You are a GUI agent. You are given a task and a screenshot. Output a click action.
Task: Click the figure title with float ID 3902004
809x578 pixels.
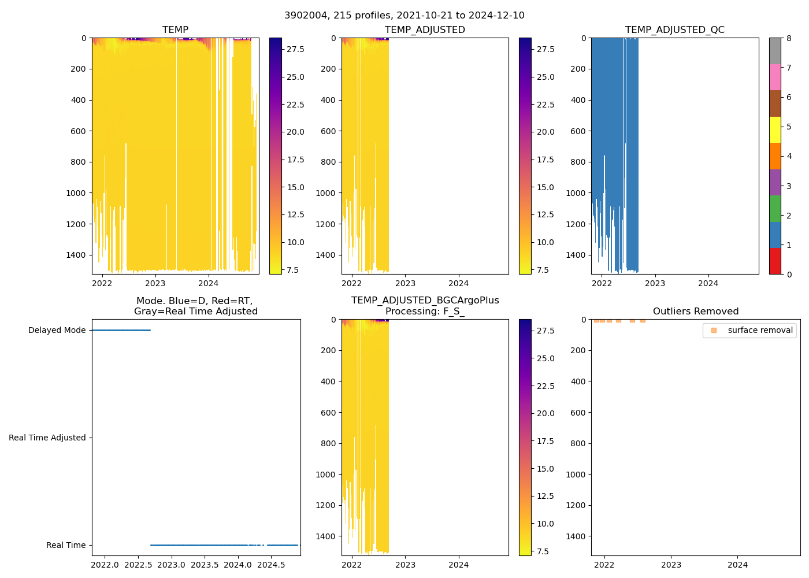(404, 16)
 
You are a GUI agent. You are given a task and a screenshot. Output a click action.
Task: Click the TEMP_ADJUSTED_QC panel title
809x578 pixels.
(674, 30)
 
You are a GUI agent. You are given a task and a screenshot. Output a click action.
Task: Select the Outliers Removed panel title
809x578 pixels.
(695, 312)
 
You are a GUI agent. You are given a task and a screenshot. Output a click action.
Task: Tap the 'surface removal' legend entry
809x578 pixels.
(760, 330)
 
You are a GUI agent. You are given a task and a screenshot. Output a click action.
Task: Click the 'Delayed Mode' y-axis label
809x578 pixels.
(57, 330)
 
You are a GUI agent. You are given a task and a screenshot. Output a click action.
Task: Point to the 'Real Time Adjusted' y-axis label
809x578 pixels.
(47, 438)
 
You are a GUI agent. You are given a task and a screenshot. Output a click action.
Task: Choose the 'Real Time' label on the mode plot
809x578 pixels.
(66, 545)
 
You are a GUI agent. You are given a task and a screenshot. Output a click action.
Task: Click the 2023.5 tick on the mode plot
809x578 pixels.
(205, 565)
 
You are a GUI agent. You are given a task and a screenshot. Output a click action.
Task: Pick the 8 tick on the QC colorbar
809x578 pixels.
(789, 38)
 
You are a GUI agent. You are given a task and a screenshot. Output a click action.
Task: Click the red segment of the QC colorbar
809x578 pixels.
(775, 261)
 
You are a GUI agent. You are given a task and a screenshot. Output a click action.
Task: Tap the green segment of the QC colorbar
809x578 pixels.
(775, 208)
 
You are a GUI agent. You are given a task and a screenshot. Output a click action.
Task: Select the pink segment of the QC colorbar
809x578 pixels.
(775, 77)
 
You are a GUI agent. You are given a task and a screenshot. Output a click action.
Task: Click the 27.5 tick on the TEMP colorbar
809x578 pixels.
(295, 49)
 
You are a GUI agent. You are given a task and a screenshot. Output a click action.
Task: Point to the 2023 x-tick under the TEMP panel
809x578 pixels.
(155, 283)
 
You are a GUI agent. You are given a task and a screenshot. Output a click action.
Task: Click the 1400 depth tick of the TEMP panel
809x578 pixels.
(76, 255)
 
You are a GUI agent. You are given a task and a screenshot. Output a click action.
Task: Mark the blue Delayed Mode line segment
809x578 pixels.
(121, 330)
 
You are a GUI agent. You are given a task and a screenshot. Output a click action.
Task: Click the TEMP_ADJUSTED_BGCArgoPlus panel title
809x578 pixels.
(425, 306)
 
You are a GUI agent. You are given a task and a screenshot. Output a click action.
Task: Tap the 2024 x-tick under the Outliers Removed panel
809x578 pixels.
(737, 565)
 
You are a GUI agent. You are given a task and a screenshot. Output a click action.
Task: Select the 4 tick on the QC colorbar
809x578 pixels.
(789, 156)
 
